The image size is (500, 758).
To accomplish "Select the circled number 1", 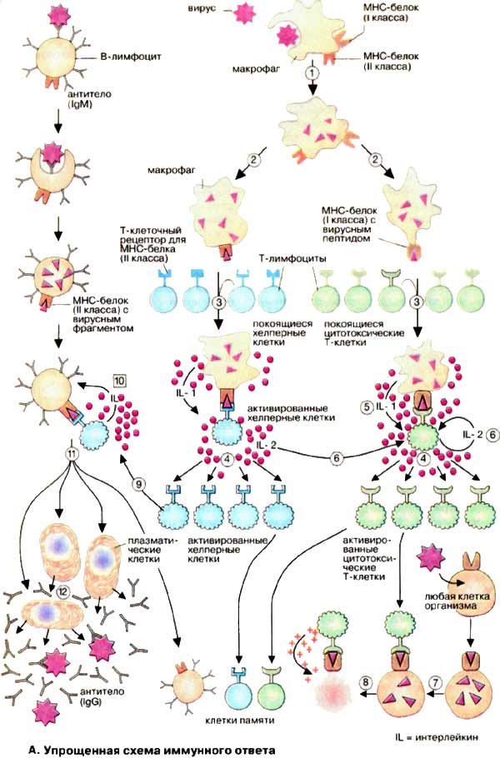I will point(312,72).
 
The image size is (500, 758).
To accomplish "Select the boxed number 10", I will point(119,381).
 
